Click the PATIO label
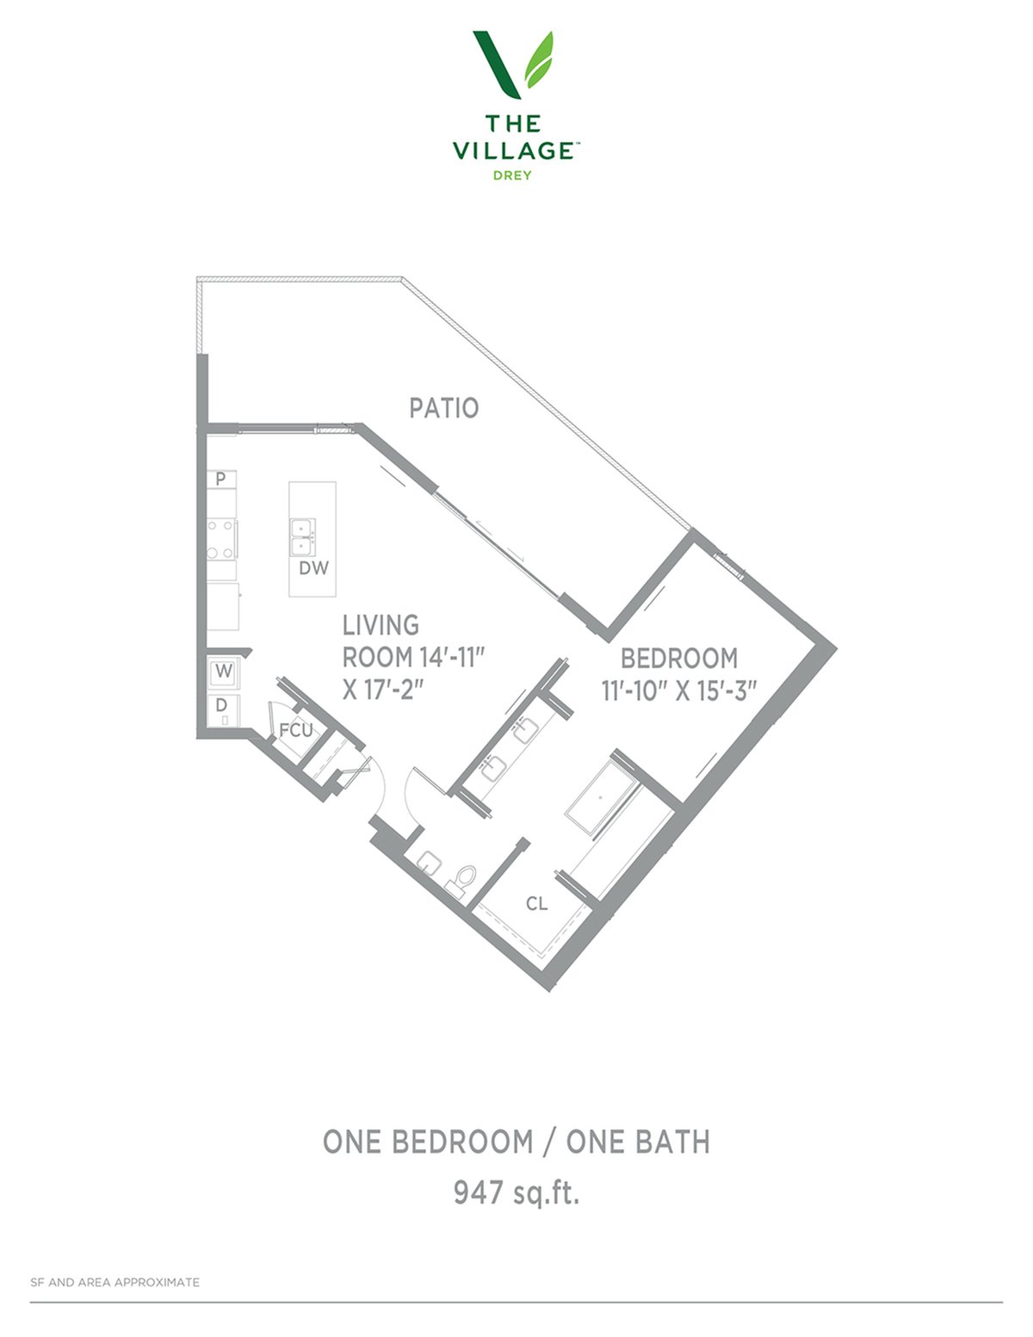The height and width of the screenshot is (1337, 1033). (443, 408)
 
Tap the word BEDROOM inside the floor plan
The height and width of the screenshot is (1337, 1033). (678, 659)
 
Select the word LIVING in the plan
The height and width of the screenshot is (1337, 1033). (380, 625)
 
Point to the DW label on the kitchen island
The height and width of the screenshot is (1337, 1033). (314, 568)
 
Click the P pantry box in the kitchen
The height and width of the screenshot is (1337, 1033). (221, 480)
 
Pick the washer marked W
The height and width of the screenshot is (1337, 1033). (224, 672)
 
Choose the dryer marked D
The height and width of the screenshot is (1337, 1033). (223, 709)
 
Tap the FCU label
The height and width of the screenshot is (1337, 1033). (296, 730)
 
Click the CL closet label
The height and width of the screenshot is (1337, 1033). (536, 904)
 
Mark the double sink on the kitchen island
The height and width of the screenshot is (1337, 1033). (303, 536)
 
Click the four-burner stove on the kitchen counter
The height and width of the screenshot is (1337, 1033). (221, 539)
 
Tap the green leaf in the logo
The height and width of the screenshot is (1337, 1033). (539, 59)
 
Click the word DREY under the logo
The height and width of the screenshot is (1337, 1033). (512, 176)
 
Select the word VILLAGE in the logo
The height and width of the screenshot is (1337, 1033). (513, 150)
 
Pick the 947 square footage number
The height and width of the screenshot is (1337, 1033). (478, 1192)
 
